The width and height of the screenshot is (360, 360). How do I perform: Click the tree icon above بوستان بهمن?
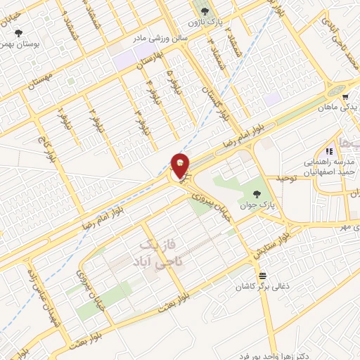pos(19,32)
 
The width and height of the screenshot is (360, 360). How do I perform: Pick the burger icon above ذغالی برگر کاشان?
pos(262,275)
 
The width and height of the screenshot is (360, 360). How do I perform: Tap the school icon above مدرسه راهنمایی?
pos(328,150)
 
